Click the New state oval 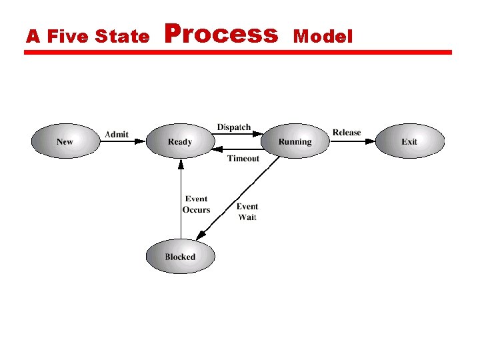point(65,141)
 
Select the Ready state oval point(180,141)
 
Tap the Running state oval point(295,141)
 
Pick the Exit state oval point(409,141)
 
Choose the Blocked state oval point(180,257)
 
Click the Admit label point(117,135)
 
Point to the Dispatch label point(234,127)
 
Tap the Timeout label point(243,159)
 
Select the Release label point(347,133)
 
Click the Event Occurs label point(196,204)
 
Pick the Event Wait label point(247,211)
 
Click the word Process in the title point(221,33)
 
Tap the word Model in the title point(323,37)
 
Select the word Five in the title point(67,37)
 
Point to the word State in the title point(123,37)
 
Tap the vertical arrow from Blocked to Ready point(180,200)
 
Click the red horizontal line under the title point(238,52)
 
